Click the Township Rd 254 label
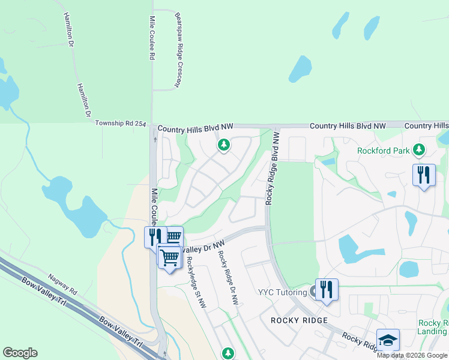click(121, 124)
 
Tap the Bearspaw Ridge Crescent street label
click(178, 50)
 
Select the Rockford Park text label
click(383, 151)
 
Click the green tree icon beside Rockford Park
click(419, 149)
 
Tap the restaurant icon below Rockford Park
click(424, 175)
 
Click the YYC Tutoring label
click(282, 292)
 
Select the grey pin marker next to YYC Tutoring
click(313, 293)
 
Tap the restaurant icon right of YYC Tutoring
click(327, 290)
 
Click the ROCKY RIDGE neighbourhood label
click(299, 320)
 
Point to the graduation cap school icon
click(388, 340)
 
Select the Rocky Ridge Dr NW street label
click(229, 278)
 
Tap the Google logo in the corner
click(20, 353)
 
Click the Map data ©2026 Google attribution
click(412, 355)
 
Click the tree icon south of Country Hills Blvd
click(223, 145)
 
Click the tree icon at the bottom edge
click(228, 353)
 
